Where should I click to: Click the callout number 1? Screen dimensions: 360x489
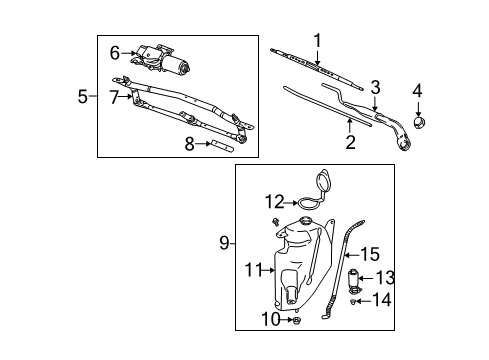tap(317, 41)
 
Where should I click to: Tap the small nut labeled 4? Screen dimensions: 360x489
tap(420, 124)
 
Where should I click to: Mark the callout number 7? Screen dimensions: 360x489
tap(114, 96)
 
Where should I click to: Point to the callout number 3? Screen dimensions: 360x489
tap(375, 86)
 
